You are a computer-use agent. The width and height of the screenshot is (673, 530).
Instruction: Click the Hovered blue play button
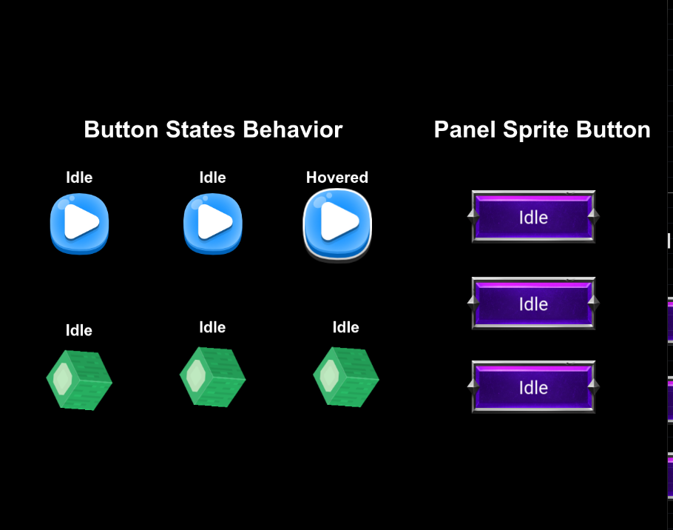(337, 225)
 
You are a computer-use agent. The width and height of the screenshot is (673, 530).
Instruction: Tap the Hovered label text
(337, 178)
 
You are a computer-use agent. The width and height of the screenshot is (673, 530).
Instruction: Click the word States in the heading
(200, 130)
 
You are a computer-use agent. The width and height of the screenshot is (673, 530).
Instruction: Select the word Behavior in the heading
(293, 130)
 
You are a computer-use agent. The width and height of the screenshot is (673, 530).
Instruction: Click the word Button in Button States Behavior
(121, 130)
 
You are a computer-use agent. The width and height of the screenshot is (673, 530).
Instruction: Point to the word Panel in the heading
(465, 130)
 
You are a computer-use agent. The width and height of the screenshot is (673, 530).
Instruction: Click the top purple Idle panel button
(533, 217)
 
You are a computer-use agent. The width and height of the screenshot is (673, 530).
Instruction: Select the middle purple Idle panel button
(533, 303)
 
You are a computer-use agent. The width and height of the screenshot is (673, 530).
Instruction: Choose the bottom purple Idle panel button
(533, 387)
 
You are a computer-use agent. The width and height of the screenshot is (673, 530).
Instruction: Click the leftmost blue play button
(79, 224)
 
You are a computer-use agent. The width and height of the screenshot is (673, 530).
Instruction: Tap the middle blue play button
(213, 224)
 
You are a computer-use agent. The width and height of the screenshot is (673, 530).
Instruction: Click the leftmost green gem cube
(79, 380)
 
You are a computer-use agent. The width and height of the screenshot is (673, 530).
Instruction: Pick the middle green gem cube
(213, 377)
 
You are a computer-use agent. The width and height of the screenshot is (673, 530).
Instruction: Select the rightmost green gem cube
(346, 377)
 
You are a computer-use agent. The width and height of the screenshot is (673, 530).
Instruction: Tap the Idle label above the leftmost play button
(79, 178)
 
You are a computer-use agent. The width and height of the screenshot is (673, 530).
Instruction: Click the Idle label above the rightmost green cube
(346, 327)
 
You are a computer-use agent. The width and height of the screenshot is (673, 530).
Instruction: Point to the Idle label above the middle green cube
(212, 327)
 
